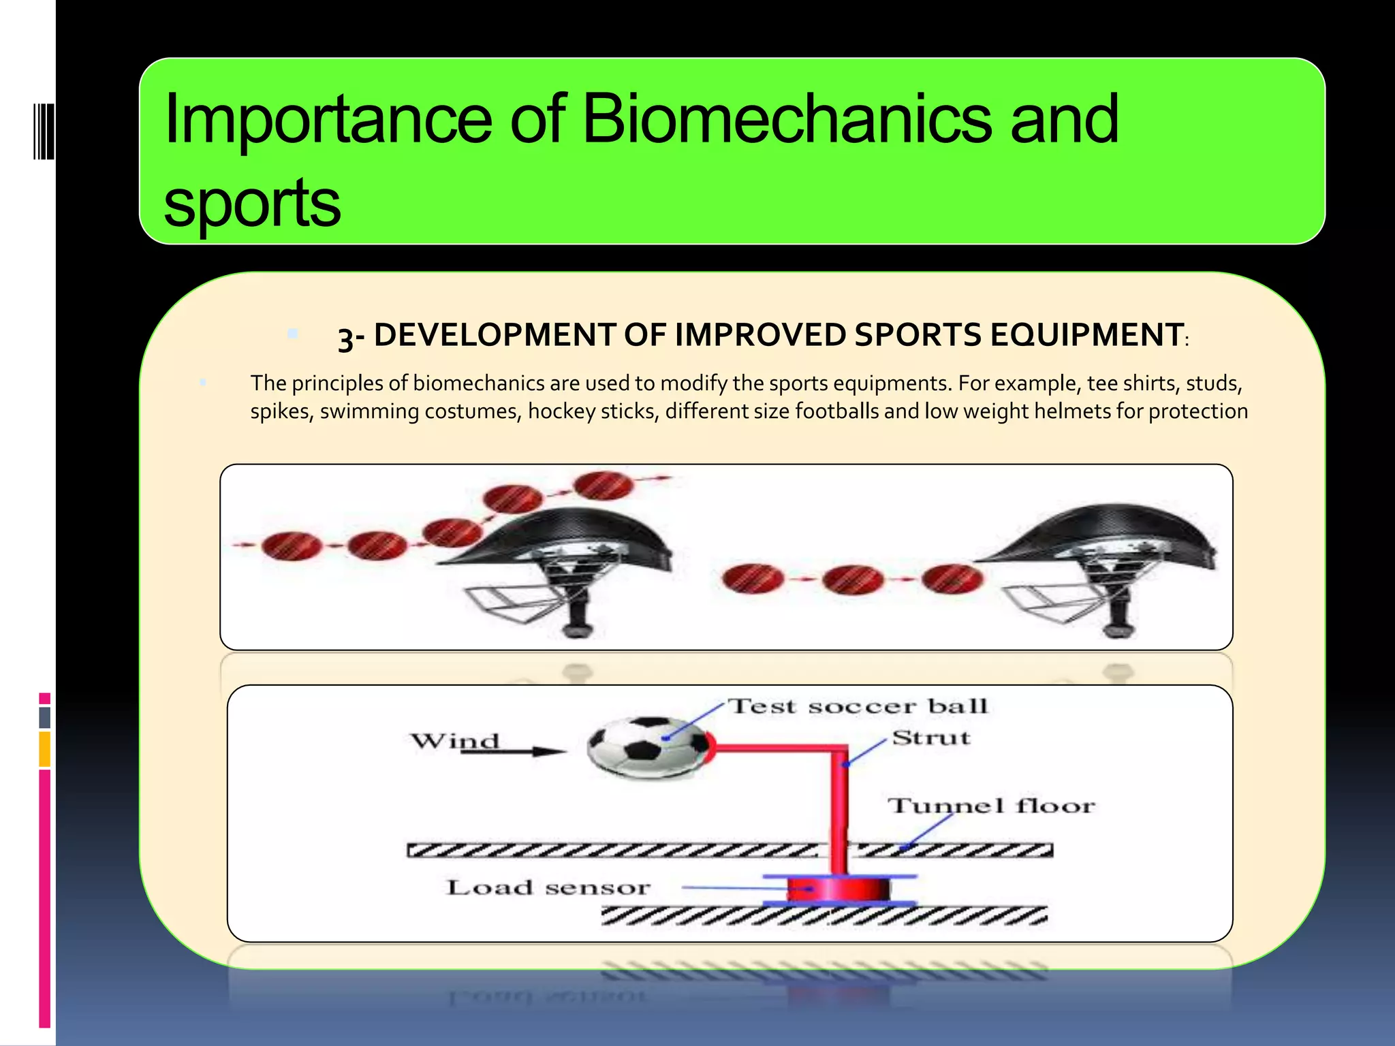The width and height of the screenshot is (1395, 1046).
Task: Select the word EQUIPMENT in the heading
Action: tap(1086, 335)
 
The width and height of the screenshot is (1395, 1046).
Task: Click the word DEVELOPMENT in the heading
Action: tap(495, 335)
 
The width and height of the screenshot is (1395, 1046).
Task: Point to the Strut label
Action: tap(931, 738)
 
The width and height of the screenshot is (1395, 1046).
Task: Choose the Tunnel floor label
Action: tap(991, 806)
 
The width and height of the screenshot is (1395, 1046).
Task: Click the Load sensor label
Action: tap(548, 887)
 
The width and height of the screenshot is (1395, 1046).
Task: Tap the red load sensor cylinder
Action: tap(838, 889)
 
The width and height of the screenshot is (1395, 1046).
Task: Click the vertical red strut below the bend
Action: tap(839, 810)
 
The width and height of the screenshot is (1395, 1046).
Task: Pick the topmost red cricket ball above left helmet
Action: tap(602, 486)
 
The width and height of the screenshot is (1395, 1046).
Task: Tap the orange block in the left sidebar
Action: tap(45, 748)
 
